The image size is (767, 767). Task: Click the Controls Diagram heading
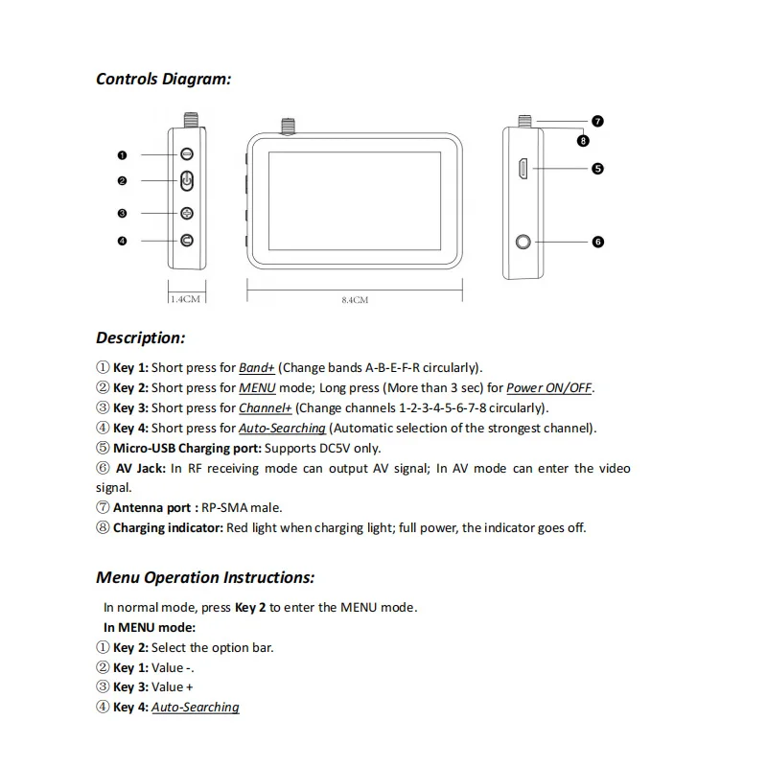click(x=163, y=79)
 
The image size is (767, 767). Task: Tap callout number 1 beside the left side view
click(x=123, y=154)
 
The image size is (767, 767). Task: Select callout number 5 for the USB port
click(x=597, y=169)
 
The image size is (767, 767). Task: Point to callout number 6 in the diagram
click(x=597, y=242)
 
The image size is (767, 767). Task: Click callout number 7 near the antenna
click(x=597, y=122)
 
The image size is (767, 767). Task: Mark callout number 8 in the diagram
click(x=583, y=141)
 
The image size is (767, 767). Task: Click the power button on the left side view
click(x=187, y=180)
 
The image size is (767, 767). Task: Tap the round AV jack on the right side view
click(x=523, y=242)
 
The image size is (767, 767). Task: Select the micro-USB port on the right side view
click(x=523, y=169)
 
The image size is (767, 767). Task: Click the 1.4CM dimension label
click(x=186, y=299)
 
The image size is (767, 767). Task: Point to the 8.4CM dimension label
click(x=355, y=300)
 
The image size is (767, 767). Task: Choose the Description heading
click(x=140, y=337)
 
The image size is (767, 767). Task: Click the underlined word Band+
click(x=257, y=367)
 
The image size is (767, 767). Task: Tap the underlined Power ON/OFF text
click(x=549, y=388)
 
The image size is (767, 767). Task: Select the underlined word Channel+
click(x=266, y=408)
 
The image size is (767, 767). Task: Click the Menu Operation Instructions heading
click(x=205, y=577)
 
